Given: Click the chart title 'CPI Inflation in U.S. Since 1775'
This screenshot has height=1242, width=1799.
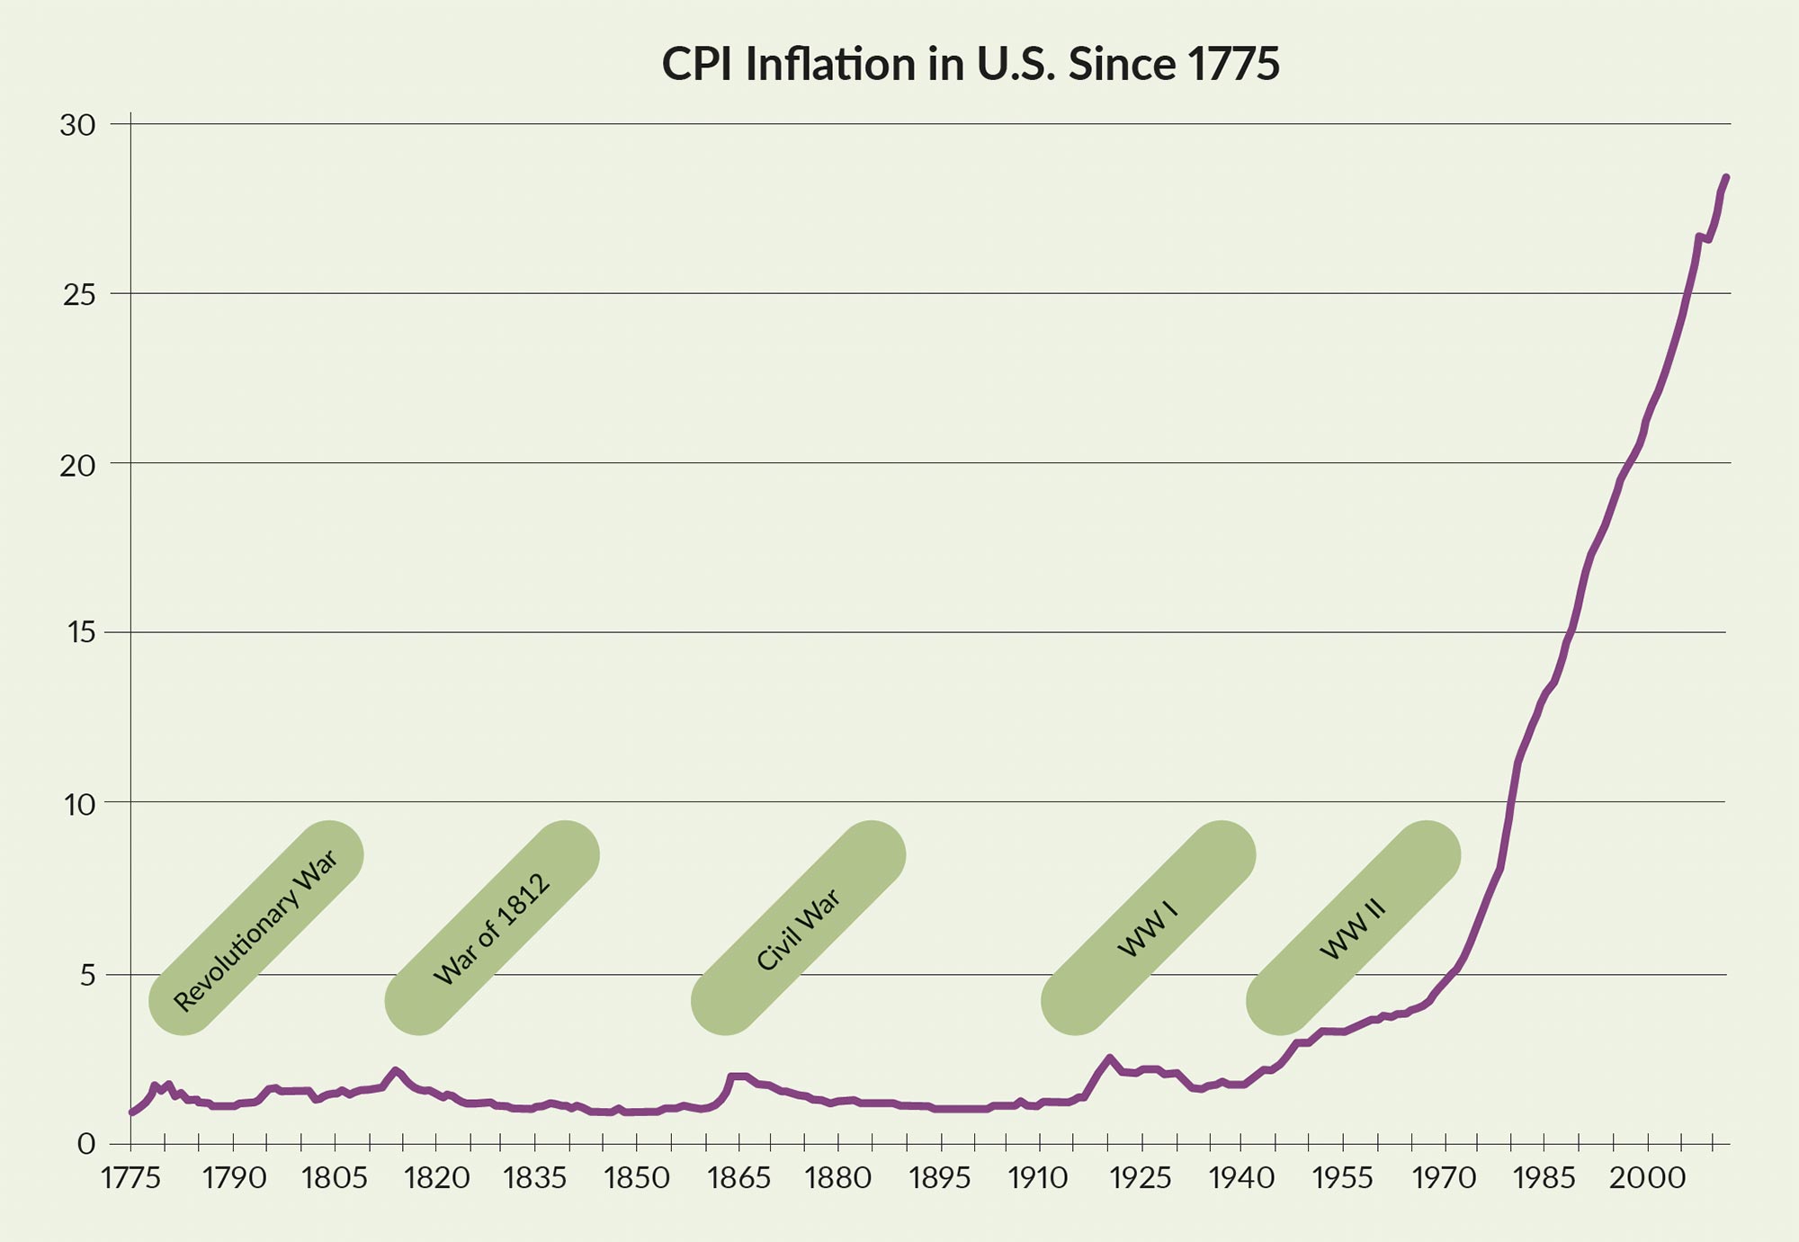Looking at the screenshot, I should (970, 65).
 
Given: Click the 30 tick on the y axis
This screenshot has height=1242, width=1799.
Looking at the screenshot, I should (77, 126).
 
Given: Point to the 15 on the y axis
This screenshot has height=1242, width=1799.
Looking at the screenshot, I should (79, 633).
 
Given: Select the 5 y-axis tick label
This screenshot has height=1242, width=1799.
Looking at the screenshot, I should (87, 975).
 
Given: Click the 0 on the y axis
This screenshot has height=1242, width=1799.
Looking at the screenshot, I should (86, 1144).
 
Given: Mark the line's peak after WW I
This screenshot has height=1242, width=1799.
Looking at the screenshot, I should (1109, 1058).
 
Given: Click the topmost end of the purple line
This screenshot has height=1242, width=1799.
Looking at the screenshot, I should (1726, 177).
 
